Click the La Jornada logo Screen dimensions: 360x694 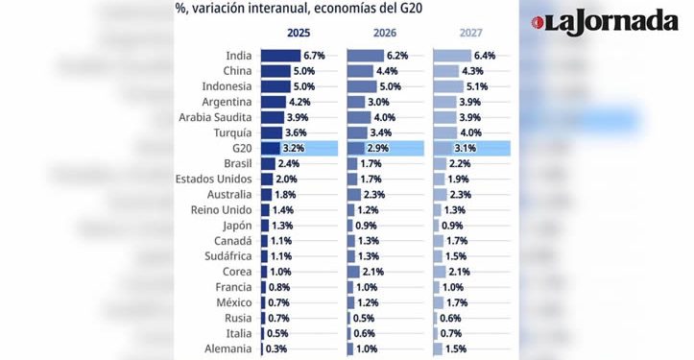[612, 21]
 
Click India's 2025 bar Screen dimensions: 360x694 [279, 56]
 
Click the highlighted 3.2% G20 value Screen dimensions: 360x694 [294, 148]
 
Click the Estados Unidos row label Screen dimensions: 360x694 [214, 179]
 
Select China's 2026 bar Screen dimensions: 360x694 [359, 71]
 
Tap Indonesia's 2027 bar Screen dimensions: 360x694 [448, 86]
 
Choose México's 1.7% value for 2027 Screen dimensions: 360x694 [458, 302]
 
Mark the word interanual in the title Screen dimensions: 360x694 [277, 9]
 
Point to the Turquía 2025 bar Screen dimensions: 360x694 [270, 132]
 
